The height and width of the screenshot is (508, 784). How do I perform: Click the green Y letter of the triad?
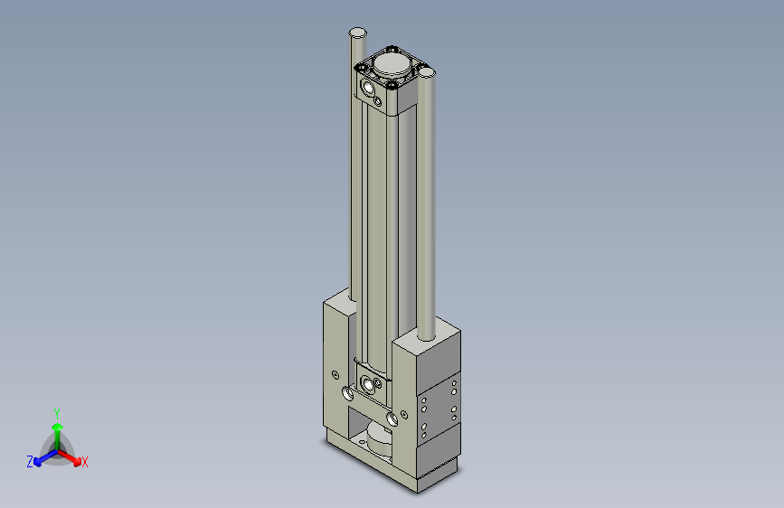(x=56, y=412)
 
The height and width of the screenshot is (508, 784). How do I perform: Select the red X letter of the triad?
(x=85, y=463)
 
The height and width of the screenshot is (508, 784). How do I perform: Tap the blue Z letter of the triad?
(x=30, y=462)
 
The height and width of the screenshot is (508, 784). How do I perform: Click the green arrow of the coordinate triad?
(x=57, y=429)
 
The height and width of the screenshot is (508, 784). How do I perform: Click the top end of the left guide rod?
(x=358, y=33)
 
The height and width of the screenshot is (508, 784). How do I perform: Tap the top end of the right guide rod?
(x=427, y=73)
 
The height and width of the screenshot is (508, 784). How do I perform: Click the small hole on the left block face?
(x=335, y=374)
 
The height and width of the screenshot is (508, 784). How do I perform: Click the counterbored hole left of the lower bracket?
(x=348, y=394)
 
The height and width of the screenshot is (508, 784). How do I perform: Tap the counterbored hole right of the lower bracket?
(x=391, y=419)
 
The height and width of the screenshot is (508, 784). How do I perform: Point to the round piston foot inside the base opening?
(x=377, y=442)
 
